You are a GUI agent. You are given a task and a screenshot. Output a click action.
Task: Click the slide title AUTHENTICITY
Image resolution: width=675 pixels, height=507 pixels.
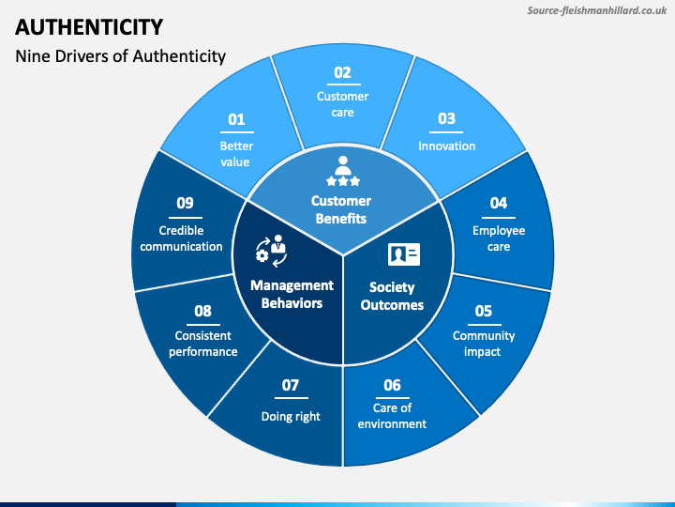click(90, 26)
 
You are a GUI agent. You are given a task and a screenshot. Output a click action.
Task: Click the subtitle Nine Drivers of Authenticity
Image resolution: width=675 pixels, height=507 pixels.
click(121, 56)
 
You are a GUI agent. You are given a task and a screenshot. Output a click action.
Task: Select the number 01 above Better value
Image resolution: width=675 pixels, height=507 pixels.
click(236, 119)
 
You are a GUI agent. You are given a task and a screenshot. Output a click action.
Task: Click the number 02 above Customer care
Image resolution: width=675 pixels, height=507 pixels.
click(342, 72)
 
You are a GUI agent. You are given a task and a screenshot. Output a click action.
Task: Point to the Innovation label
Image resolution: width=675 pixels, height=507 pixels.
click(446, 146)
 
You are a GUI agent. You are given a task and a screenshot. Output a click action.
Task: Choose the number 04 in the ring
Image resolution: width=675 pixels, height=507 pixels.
click(499, 203)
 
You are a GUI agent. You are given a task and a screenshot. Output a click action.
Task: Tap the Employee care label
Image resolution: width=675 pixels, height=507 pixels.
click(499, 238)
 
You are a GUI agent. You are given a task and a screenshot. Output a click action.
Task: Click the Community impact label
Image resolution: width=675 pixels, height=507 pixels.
click(484, 344)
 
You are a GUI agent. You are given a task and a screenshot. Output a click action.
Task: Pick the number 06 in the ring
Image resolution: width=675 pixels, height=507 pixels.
click(392, 385)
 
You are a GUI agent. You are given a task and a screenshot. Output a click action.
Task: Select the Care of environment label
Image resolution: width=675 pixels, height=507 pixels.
click(392, 416)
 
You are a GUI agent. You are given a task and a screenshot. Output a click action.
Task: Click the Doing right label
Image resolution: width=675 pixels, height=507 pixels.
click(291, 416)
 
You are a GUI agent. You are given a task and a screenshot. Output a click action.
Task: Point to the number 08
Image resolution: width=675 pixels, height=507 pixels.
click(202, 311)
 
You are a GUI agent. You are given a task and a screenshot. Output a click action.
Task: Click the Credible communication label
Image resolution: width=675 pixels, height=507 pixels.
click(183, 238)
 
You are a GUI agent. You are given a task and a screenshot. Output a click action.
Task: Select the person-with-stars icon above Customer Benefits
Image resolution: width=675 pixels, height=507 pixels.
click(342, 174)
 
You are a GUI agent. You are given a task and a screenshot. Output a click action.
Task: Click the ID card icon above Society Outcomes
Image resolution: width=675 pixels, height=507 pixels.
click(404, 253)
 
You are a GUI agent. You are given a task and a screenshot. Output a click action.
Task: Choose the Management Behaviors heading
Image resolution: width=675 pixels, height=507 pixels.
click(292, 294)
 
